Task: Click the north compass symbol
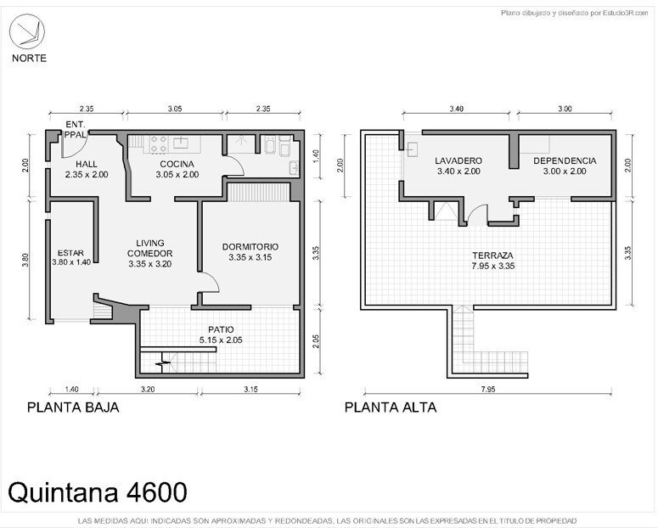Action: (x=27, y=31)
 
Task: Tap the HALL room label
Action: (x=87, y=164)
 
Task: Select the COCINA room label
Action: (x=177, y=164)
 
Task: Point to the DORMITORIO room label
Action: (x=250, y=247)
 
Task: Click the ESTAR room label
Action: (x=70, y=253)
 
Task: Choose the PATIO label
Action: (x=221, y=329)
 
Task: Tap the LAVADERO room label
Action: (x=458, y=160)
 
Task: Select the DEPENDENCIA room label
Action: (x=565, y=160)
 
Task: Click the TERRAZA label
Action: (x=492, y=256)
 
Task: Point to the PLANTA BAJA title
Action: (x=73, y=407)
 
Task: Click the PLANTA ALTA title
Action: (x=391, y=407)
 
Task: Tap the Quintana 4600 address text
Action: (x=98, y=491)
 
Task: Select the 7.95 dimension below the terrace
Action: (x=488, y=389)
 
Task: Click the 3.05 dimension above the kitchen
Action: (x=175, y=109)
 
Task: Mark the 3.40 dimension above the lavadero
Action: (x=456, y=109)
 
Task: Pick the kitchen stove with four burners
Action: (x=159, y=143)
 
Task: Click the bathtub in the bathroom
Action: (x=270, y=144)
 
